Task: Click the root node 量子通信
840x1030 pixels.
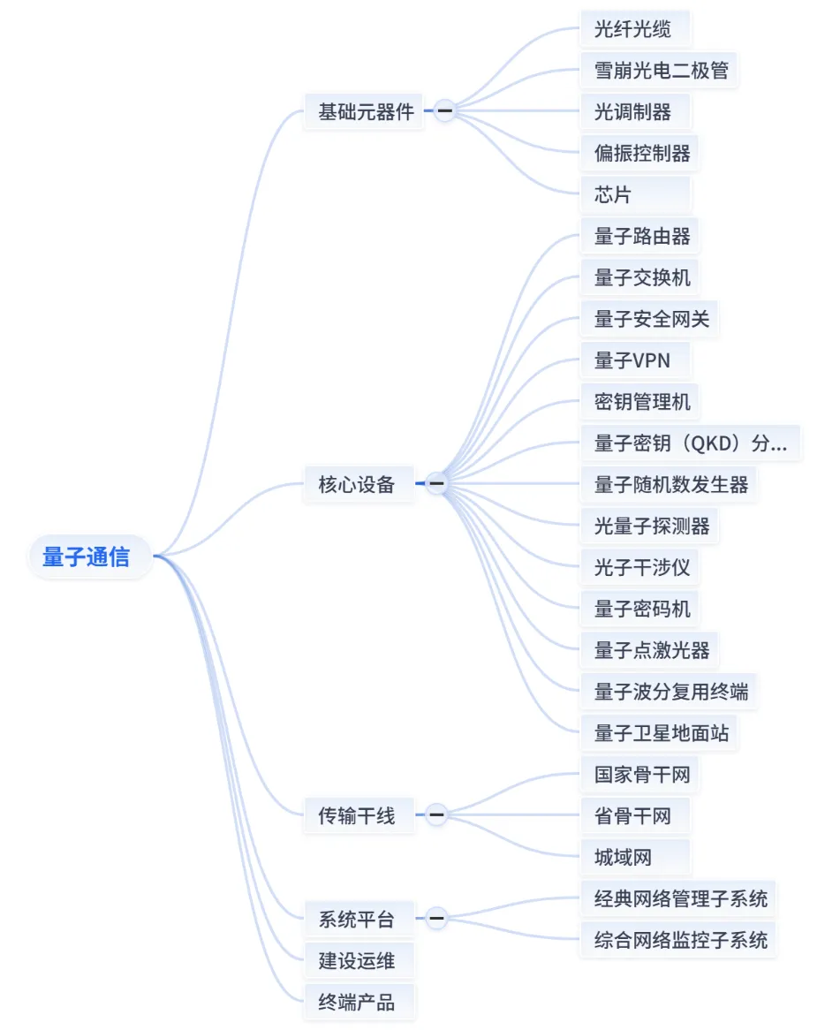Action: point(87,557)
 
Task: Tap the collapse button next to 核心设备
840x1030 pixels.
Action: point(436,484)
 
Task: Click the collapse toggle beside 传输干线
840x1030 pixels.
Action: point(436,814)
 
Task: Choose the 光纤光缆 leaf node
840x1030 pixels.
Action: point(632,29)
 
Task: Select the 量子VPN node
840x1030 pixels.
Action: point(632,360)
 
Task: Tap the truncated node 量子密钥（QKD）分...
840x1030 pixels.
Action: point(690,443)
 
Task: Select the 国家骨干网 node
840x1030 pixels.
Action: point(642,775)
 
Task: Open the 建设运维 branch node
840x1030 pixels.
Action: point(356,960)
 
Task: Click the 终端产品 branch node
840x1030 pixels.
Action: point(356,1002)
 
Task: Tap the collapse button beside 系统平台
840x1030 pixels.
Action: point(436,919)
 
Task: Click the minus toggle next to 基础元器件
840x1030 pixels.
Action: point(444,111)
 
